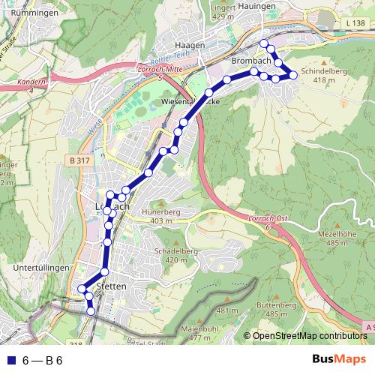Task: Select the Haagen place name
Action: point(190,45)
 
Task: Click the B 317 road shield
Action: point(77,160)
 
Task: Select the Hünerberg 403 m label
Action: point(166,216)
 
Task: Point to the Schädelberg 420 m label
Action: point(169,256)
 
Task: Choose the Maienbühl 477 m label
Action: point(199,334)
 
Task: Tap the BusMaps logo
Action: point(337,359)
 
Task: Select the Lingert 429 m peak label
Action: point(224,10)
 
